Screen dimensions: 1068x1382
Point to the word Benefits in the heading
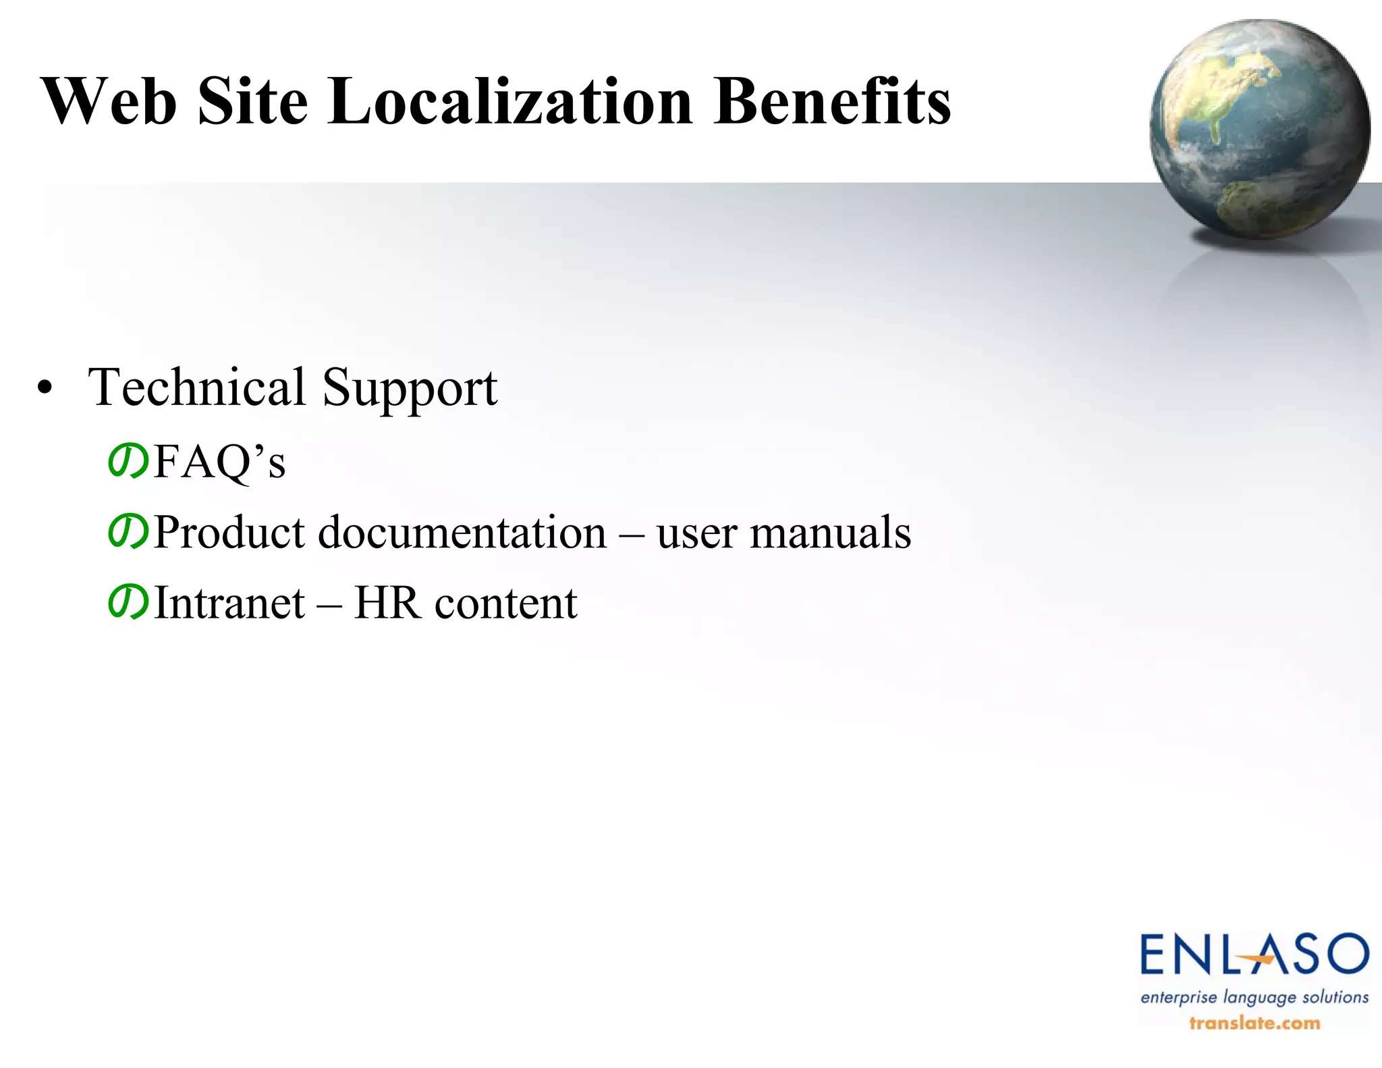tap(832, 101)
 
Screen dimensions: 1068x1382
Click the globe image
tap(1259, 128)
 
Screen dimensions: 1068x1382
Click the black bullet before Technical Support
tap(45, 388)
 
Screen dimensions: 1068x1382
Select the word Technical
tap(197, 387)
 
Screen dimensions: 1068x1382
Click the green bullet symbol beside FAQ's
tap(128, 461)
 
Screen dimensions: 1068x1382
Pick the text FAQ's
tap(220, 462)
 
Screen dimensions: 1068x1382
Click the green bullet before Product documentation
tap(128, 532)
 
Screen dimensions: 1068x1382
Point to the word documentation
tap(462, 533)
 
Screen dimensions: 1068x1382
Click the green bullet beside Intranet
tap(128, 602)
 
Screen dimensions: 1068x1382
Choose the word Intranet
tap(229, 603)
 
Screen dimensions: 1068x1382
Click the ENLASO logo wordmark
tap(1254, 955)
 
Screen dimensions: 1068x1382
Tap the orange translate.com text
tap(1254, 1023)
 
